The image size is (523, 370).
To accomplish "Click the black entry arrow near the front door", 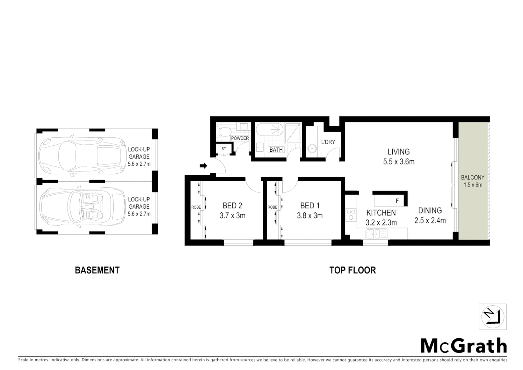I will [203, 166].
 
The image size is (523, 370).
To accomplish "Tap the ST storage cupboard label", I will [224, 149].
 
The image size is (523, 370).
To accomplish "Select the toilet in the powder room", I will [225, 132].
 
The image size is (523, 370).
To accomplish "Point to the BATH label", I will [276, 150].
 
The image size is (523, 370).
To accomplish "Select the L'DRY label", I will [328, 142].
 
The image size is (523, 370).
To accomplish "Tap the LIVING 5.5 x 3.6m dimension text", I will [399, 161].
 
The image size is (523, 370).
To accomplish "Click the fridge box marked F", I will [397, 201].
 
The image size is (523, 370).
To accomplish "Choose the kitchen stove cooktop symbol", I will [351, 214].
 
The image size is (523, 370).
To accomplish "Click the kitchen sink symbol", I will [376, 234].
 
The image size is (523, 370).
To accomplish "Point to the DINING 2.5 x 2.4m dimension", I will [430, 220].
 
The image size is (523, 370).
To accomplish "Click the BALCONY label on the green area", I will [473, 178].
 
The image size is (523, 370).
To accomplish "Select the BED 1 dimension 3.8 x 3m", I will [310, 215].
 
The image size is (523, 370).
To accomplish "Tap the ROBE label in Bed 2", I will [196, 207].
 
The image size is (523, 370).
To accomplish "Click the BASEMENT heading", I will [97, 270].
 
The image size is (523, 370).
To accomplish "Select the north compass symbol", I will [493, 317].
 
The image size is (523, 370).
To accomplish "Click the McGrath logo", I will [464, 346].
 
